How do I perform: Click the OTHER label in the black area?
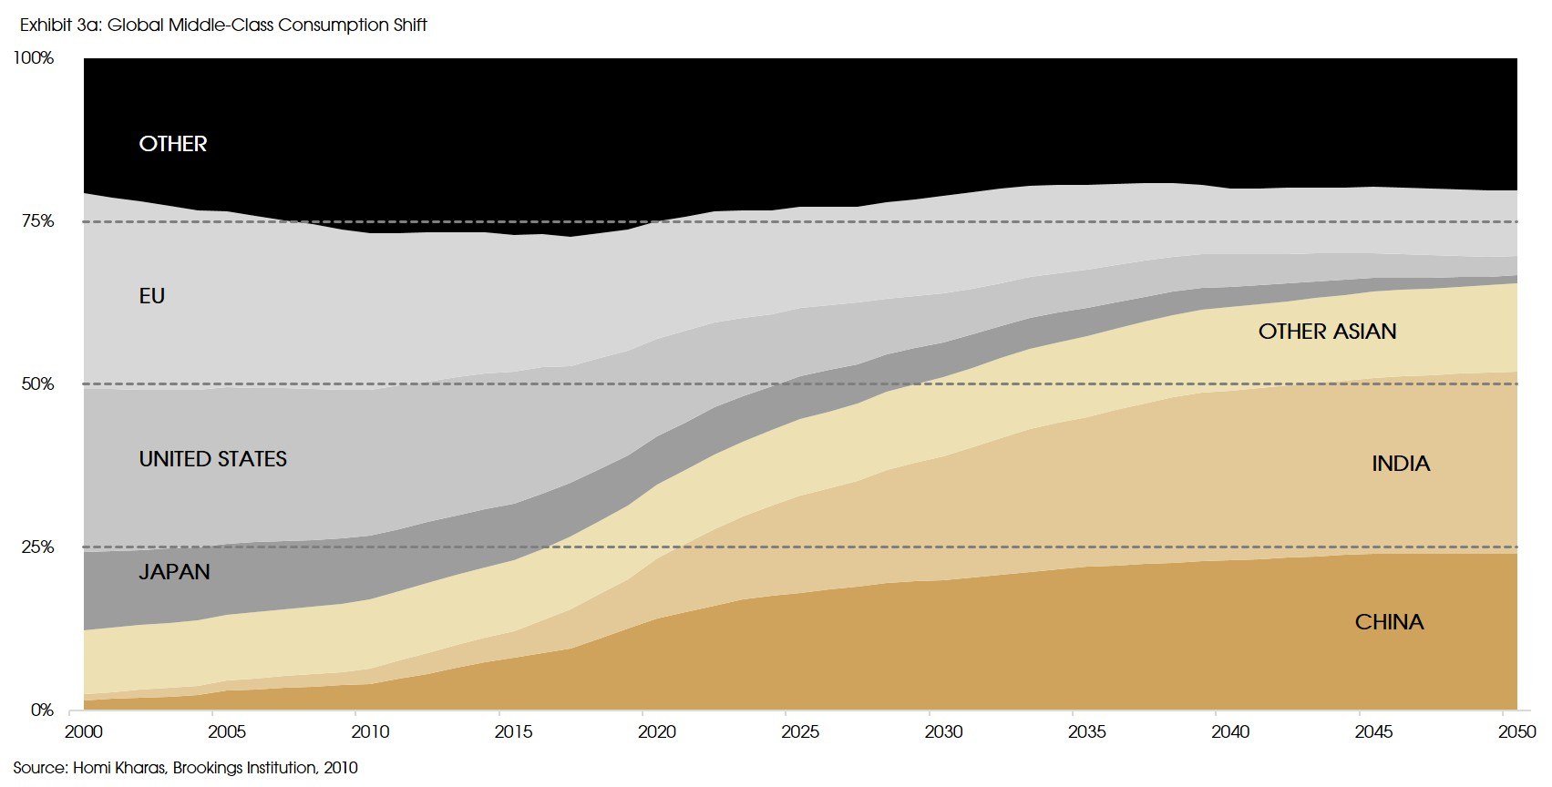click(173, 144)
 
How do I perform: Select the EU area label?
click(152, 296)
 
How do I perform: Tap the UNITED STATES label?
click(212, 459)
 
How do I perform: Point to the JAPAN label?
click(174, 572)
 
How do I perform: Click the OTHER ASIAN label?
click(1327, 332)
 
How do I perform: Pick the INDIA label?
click(1401, 464)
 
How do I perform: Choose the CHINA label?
click(1389, 622)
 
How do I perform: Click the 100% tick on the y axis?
click(34, 58)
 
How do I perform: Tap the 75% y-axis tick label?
click(37, 221)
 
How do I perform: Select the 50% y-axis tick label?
click(37, 384)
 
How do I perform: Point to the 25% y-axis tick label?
click(37, 547)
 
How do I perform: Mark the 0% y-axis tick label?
click(42, 710)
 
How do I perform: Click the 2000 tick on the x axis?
click(84, 731)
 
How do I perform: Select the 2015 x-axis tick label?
click(513, 731)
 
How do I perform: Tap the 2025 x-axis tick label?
click(800, 731)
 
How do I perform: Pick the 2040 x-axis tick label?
click(1230, 731)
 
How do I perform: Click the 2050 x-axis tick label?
click(1516, 731)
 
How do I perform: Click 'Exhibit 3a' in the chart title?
click(59, 26)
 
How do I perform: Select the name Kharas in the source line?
click(141, 768)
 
